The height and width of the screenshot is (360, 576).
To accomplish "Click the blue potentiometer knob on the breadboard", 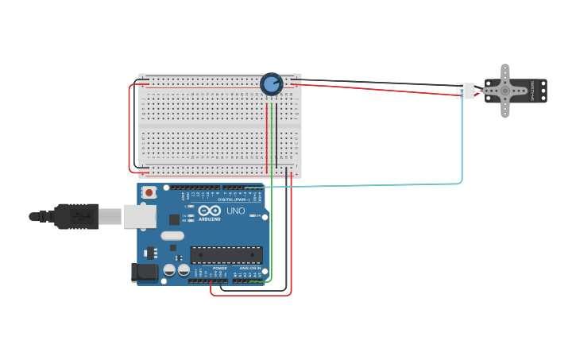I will click(271, 83).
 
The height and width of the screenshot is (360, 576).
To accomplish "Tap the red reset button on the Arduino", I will click(149, 192).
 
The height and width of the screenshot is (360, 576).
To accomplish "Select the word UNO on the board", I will click(236, 211).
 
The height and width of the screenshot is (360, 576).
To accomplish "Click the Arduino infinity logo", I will click(210, 210).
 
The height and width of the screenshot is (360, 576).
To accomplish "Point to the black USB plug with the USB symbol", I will click(76, 215).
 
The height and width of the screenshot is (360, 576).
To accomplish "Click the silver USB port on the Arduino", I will click(140, 215).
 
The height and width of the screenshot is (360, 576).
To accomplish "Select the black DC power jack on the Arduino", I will click(145, 272).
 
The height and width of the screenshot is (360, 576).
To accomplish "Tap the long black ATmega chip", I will click(226, 255).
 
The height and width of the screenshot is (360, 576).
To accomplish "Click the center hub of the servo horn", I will click(504, 91).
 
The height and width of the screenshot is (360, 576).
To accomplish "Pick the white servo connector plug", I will click(466, 91).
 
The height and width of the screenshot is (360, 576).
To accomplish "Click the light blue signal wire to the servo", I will click(462, 143).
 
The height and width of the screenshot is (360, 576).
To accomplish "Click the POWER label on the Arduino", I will click(219, 269).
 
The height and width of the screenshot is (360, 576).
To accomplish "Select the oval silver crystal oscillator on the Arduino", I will click(172, 235).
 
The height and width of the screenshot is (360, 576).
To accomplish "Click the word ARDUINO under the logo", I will click(210, 219).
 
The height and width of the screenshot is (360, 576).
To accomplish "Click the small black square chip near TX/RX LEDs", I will click(174, 219).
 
